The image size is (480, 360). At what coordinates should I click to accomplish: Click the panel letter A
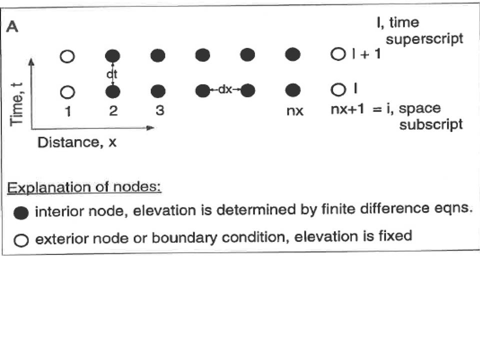pyautogui.click(x=12, y=26)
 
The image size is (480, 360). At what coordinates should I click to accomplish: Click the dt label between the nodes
pyautogui.click(x=111, y=74)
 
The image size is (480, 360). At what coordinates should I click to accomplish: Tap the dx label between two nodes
pyautogui.click(x=225, y=89)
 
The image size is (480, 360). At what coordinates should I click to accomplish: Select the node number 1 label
pyautogui.click(x=68, y=111)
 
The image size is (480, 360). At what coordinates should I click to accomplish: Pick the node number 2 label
pyautogui.click(x=113, y=110)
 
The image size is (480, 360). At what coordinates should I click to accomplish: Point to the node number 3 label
pyautogui.click(x=159, y=110)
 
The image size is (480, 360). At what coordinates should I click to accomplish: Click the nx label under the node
pyautogui.click(x=295, y=111)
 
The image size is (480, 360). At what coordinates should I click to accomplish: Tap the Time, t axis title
pyautogui.click(x=16, y=104)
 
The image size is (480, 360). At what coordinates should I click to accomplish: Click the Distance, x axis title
pyautogui.click(x=77, y=142)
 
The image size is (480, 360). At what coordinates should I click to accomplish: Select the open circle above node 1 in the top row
pyautogui.click(x=67, y=56)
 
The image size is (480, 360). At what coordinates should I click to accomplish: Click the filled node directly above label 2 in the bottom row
pyautogui.click(x=112, y=91)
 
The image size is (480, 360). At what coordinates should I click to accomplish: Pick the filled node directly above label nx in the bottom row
pyautogui.click(x=292, y=90)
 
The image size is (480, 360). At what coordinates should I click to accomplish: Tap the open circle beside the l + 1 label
pyautogui.click(x=338, y=54)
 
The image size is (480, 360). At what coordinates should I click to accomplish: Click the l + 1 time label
pyautogui.click(x=366, y=54)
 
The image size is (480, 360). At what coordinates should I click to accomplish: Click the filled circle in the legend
pyautogui.click(x=21, y=213)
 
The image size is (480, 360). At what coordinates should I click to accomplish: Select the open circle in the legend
pyautogui.click(x=21, y=240)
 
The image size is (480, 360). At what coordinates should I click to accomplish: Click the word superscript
pyautogui.click(x=424, y=39)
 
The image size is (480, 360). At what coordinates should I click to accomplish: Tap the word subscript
pyautogui.click(x=430, y=124)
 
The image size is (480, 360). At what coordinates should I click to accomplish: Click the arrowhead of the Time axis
pyautogui.click(x=31, y=62)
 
